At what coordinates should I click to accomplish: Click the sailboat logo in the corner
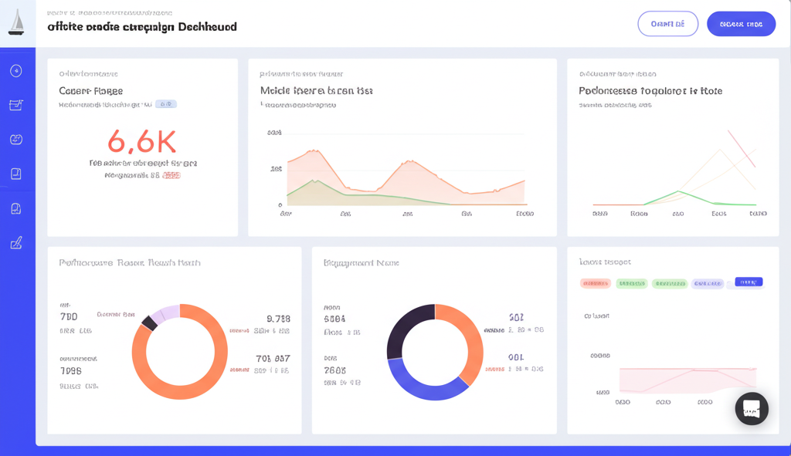(x=16, y=22)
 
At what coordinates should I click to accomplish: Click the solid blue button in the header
(x=741, y=24)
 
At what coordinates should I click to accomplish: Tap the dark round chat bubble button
(x=751, y=409)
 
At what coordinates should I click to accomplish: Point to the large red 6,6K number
(x=142, y=141)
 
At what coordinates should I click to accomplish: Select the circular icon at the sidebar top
(x=16, y=71)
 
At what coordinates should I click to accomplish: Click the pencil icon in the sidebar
(x=16, y=243)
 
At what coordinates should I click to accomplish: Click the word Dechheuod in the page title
(x=207, y=27)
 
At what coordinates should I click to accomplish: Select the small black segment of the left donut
(x=149, y=323)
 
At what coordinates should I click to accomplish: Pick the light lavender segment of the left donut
(x=165, y=312)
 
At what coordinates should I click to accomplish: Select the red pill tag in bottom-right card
(x=595, y=283)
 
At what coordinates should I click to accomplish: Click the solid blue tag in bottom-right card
(x=749, y=282)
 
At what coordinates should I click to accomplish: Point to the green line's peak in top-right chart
(x=677, y=191)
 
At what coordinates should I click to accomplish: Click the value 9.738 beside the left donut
(x=278, y=319)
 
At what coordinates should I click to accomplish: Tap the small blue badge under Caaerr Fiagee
(x=165, y=104)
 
